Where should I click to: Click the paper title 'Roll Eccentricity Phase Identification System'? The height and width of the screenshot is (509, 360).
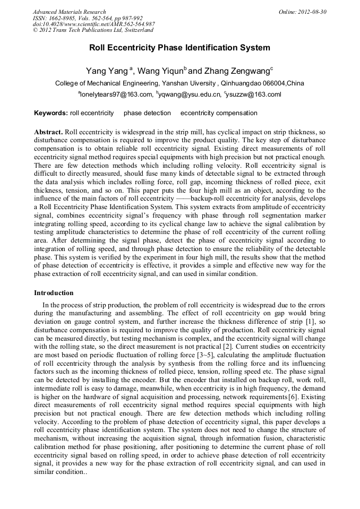[179, 48]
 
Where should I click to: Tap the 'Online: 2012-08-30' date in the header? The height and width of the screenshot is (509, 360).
[303, 12]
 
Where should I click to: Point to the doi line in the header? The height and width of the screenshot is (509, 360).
[93, 24]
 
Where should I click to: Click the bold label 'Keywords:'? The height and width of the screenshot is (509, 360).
[51, 113]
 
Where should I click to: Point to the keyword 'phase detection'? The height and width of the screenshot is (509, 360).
[147, 113]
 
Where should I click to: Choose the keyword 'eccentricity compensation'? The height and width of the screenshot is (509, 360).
[219, 113]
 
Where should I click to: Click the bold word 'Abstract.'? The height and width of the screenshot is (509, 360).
[48, 131]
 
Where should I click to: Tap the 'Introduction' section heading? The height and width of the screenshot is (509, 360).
[54, 293]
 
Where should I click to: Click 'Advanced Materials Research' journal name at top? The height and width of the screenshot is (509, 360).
[69, 12]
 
